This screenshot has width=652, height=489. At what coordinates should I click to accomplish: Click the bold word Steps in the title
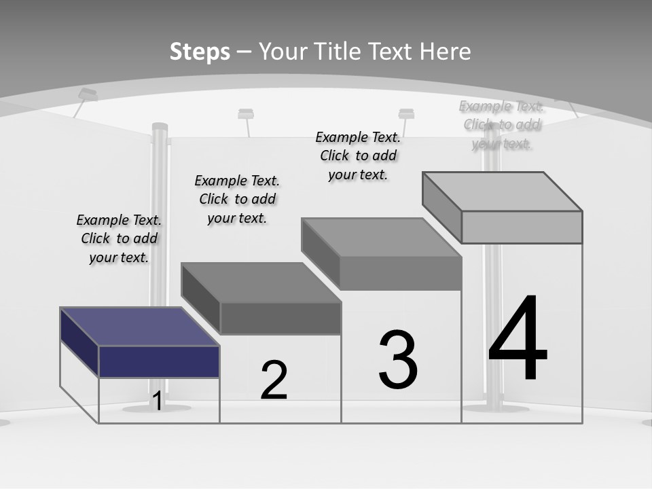click(x=200, y=52)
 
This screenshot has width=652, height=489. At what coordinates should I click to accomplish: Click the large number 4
click(x=518, y=340)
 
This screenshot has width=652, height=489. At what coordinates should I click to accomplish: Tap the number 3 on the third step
click(x=398, y=359)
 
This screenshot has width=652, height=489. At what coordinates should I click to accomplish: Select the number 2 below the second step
click(x=274, y=380)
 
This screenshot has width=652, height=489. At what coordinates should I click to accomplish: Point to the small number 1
click(x=157, y=401)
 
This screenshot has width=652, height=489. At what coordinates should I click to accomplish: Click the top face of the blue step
click(x=139, y=327)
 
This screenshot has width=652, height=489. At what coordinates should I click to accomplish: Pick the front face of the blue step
click(x=159, y=361)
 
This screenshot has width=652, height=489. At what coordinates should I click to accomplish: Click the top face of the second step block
click(x=260, y=283)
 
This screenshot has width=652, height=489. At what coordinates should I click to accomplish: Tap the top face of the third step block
click(x=381, y=238)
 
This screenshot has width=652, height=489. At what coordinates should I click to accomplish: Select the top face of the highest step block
click(x=502, y=192)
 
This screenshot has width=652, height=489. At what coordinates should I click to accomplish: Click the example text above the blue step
click(x=119, y=238)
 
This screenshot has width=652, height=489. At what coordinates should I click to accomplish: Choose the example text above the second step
click(x=237, y=199)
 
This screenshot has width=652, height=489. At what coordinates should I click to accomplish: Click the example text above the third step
click(x=358, y=156)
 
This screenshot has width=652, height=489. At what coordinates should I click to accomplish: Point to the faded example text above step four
click(x=502, y=125)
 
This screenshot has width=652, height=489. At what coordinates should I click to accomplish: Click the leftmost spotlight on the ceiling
click(x=87, y=94)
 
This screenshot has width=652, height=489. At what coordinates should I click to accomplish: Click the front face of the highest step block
click(x=522, y=227)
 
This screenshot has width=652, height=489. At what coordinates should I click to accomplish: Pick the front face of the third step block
click(x=401, y=274)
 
